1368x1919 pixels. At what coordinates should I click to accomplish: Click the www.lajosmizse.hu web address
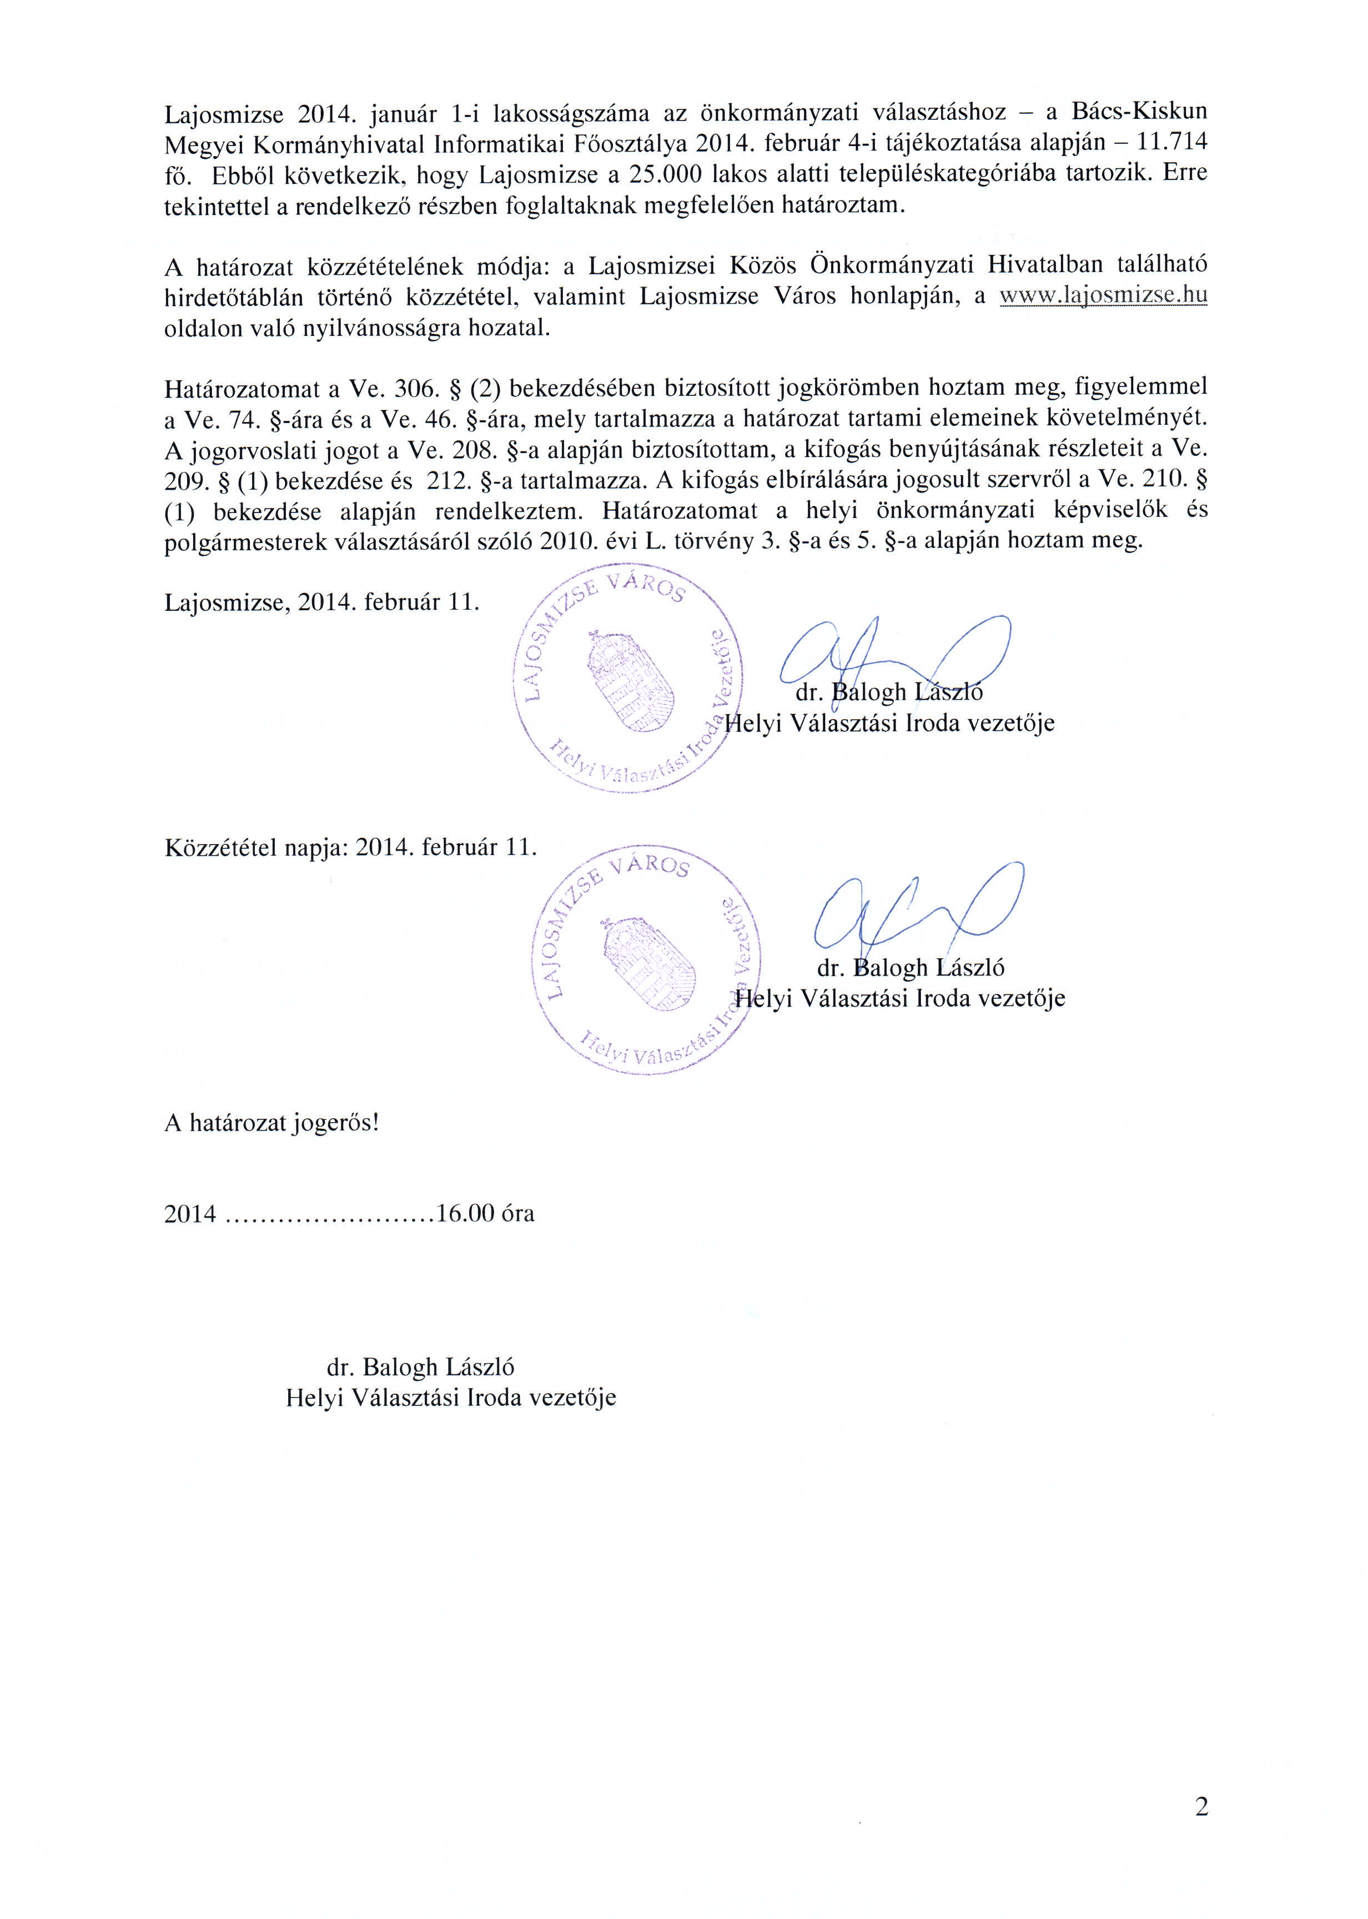(x=1102, y=296)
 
